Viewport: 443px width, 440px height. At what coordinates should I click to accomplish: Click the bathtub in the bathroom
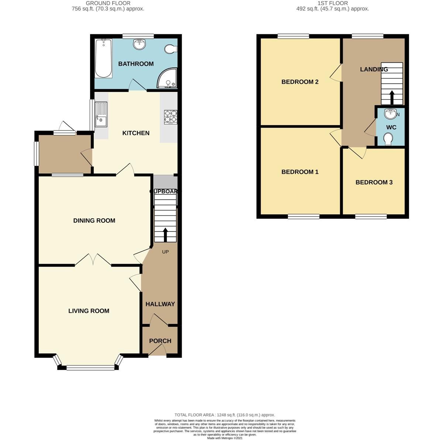pyautogui.click(x=104, y=59)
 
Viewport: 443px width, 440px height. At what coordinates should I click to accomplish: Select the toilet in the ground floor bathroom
pyautogui.click(x=171, y=49)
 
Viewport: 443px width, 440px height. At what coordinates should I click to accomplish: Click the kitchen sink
pyautogui.click(x=101, y=115)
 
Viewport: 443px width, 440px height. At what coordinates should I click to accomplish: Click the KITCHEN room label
pyautogui.click(x=136, y=133)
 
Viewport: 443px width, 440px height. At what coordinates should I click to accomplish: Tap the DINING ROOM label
pyautogui.click(x=94, y=221)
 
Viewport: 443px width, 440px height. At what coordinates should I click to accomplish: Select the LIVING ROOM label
pyautogui.click(x=89, y=311)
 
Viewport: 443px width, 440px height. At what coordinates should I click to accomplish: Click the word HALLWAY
pyautogui.click(x=160, y=304)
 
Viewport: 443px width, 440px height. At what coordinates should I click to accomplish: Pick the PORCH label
pyautogui.click(x=160, y=341)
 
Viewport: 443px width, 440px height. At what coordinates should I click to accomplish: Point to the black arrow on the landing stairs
pyautogui.click(x=392, y=98)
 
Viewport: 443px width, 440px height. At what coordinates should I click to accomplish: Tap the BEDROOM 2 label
pyautogui.click(x=300, y=82)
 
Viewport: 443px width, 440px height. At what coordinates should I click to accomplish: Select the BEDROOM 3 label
pyautogui.click(x=374, y=182)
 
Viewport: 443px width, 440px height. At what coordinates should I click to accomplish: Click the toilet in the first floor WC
pyautogui.click(x=388, y=139)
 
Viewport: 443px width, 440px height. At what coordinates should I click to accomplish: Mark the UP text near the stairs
pyautogui.click(x=165, y=252)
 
